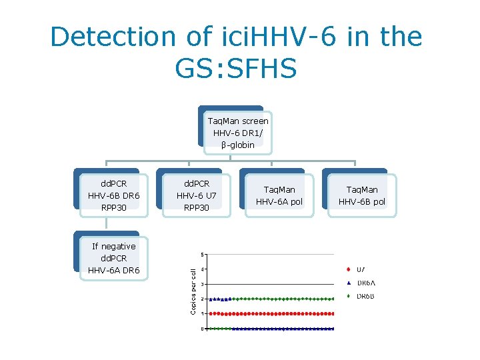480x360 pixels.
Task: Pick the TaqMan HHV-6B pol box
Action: (361, 195)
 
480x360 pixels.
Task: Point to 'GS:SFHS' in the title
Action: (236, 68)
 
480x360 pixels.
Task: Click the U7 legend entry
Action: (360, 269)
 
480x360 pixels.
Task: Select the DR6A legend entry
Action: (364, 283)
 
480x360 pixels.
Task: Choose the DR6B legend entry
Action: (364, 296)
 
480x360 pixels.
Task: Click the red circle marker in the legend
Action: (349, 269)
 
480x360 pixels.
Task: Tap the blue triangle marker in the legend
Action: (349, 283)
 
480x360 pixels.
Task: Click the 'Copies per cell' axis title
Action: (193, 291)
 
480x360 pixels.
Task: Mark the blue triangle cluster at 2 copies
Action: (220, 299)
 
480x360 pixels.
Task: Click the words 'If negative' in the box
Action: (114, 246)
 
